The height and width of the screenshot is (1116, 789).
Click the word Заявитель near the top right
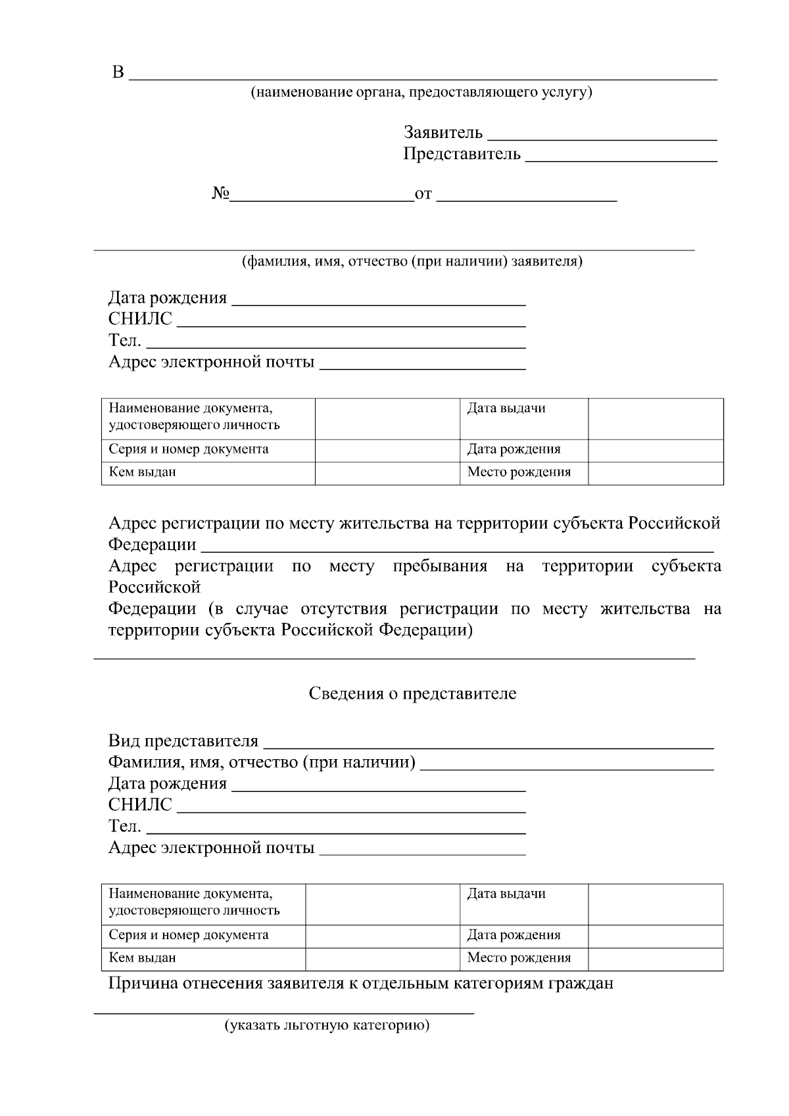[442, 133]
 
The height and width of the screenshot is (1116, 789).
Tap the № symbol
[220, 194]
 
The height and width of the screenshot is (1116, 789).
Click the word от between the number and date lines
[423, 195]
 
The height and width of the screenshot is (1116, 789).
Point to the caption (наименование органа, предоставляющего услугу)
[421, 92]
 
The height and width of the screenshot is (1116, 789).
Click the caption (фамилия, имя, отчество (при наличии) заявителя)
[412, 262]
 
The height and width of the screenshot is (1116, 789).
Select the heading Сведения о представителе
[412, 693]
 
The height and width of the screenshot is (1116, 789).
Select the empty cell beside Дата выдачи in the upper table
[656, 418]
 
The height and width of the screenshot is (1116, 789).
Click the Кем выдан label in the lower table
[142, 958]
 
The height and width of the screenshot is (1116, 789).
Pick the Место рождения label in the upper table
[519, 472]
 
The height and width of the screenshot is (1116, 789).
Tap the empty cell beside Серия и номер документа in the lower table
[382, 935]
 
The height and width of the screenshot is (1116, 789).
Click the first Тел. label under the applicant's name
[124, 340]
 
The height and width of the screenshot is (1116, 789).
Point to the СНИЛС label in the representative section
[140, 804]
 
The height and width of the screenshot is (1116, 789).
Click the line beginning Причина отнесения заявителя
[360, 984]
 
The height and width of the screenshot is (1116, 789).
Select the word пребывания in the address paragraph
[439, 567]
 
